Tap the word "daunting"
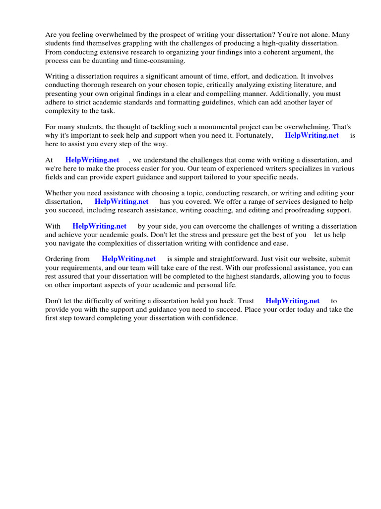[106, 61]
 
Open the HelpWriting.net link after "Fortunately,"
[312, 135]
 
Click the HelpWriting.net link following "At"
[92, 160]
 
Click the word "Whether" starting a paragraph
[58, 193]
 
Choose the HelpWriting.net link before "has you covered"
[122, 202]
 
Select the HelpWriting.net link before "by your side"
[99, 227]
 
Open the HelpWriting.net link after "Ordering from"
[128, 259]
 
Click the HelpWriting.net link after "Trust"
[293, 301]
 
